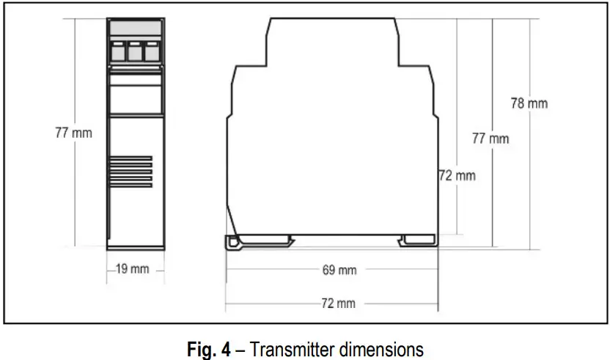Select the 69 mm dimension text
339,270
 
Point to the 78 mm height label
529,103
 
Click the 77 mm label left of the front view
73,133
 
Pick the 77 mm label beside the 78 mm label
490,138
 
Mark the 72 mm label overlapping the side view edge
456,175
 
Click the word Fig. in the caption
202,346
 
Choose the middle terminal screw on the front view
135,52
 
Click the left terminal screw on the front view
118,52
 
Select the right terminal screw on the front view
152,52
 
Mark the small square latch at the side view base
232,242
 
